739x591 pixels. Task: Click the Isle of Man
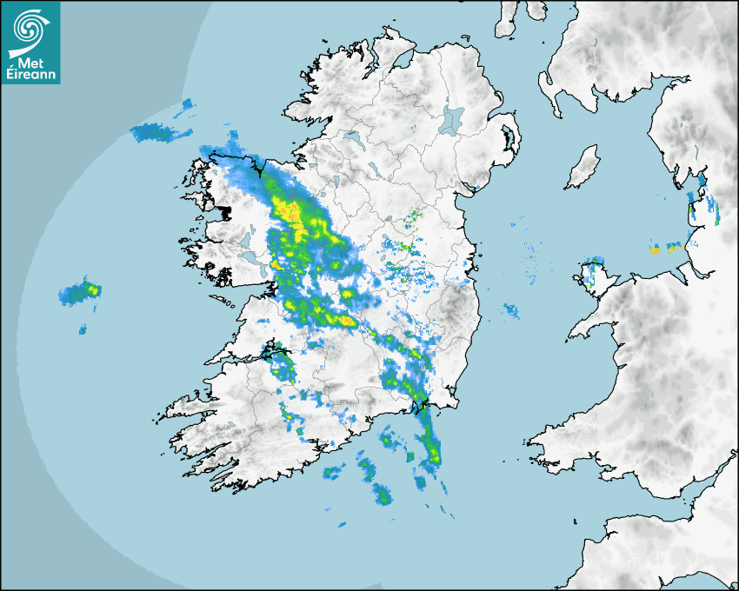[583, 168]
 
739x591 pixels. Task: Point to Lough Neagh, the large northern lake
[452, 120]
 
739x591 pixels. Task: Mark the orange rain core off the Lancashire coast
[654, 250]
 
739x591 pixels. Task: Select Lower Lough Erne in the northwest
[352, 139]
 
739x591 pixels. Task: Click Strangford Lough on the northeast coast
[508, 139]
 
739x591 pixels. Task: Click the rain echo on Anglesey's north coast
[594, 262]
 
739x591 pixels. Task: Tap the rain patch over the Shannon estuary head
[278, 353]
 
